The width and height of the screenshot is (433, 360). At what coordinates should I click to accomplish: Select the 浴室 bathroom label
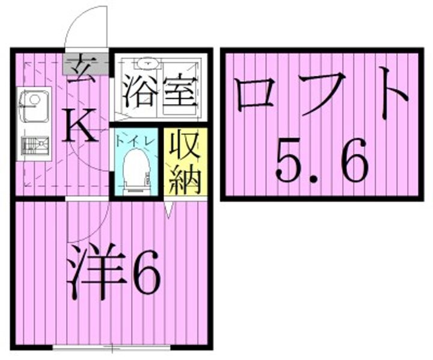(160, 92)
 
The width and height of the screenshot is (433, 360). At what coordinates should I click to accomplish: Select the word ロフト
(319, 96)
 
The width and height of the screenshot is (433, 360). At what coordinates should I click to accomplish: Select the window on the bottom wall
(112, 347)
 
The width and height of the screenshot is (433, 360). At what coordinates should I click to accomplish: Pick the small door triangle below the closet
(169, 209)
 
